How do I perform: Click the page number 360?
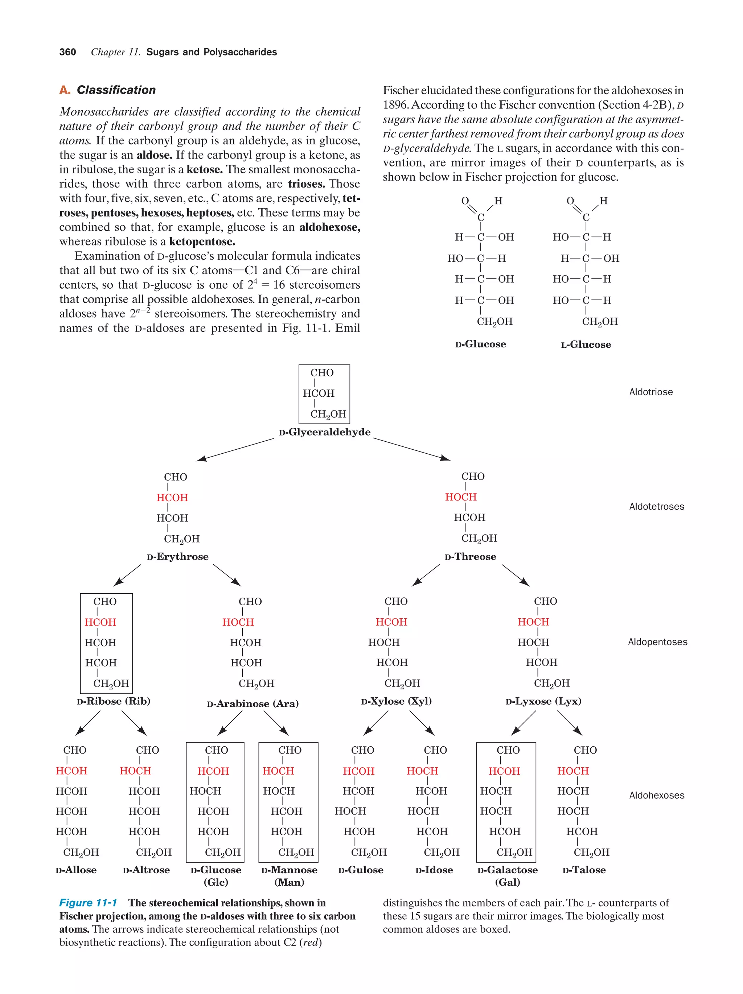pos(67,52)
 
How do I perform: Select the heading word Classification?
pos(116,90)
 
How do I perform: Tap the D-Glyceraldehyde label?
pos(325,432)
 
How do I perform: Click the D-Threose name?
pos(470,557)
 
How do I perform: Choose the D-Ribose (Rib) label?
pos(113,701)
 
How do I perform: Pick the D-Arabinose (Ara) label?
pos(253,704)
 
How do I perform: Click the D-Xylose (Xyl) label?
pos(396,701)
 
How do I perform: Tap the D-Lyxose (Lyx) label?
pos(543,701)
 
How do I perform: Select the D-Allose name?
pos(76,870)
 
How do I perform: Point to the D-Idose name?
pos(434,870)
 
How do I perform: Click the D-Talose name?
pos(584,870)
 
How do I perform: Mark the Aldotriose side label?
pos(650,392)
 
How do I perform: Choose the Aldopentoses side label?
pos(657,642)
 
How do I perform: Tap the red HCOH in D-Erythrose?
pos(172,498)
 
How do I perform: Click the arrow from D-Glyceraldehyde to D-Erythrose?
pos(235,450)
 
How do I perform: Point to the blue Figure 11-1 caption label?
pos(88,903)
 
